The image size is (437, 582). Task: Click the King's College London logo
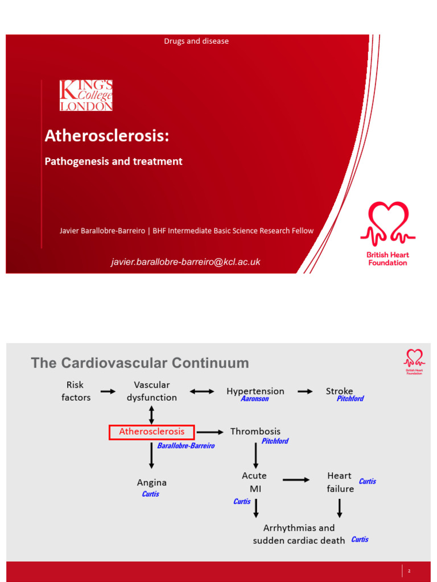(x=86, y=95)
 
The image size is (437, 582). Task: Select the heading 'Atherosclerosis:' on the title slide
(x=107, y=136)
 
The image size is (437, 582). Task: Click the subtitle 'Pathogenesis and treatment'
(x=113, y=161)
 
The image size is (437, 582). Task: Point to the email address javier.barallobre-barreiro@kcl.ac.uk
(x=185, y=262)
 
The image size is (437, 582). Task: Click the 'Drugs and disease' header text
(x=196, y=41)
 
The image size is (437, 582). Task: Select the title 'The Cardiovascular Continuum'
(x=140, y=363)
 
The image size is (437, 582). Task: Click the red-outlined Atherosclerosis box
(x=151, y=432)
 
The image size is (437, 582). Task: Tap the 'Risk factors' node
(x=76, y=391)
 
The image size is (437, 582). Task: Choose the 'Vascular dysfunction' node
(x=151, y=391)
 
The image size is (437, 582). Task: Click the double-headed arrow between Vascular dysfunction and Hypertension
(x=202, y=392)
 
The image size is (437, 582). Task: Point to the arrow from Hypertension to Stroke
(x=305, y=392)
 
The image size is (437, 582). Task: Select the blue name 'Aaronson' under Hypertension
(x=254, y=398)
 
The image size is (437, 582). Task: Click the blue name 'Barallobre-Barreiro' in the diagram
(x=186, y=446)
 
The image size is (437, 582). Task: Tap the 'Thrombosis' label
(x=255, y=431)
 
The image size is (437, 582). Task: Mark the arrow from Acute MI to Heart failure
(x=296, y=480)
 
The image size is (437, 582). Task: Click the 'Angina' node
(x=151, y=483)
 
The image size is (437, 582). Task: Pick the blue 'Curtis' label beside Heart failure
(x=368, y=481)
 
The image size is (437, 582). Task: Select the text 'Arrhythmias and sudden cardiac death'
(x=299, y=534)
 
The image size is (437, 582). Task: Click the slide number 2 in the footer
(x=409, y=571)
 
